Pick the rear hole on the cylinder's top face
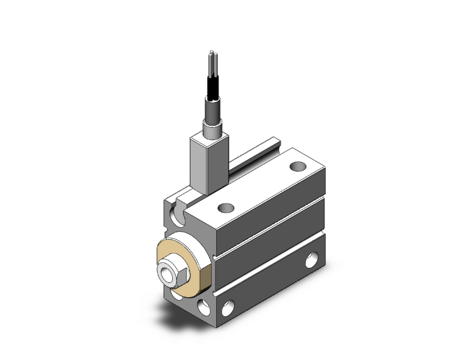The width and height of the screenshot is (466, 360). point(299,167)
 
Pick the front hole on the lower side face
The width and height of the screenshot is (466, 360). point(227,307)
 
